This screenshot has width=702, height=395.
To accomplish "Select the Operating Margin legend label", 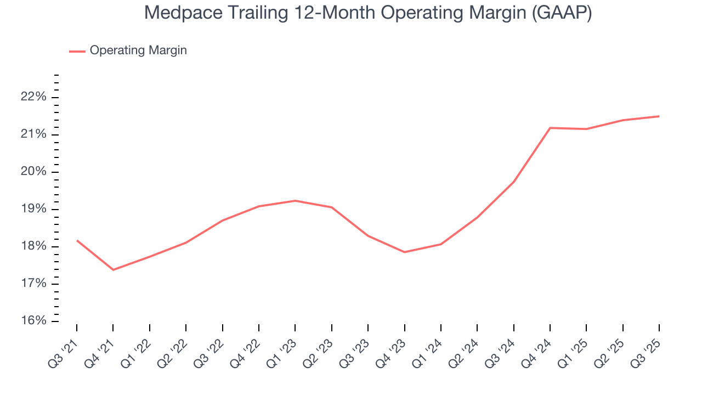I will (138, 50).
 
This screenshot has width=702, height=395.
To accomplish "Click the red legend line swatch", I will (77, 51).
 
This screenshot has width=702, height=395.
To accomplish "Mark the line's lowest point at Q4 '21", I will (113, 270).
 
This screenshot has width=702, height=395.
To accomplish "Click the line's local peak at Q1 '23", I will (295, 201).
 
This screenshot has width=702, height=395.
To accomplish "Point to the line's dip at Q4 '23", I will (405, 252).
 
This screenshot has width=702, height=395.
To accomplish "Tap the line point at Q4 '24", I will (550, 128).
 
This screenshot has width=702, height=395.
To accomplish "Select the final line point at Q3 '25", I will (659, 116).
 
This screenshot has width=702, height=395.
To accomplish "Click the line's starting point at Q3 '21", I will (77, 240).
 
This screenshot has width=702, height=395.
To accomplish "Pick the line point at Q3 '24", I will (513, 182).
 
